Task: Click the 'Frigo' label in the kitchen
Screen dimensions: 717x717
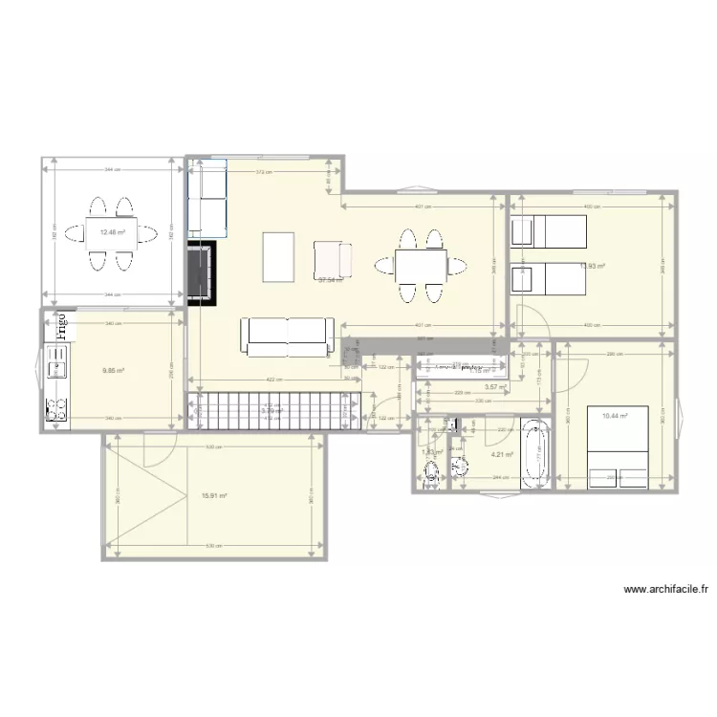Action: coord(62,327)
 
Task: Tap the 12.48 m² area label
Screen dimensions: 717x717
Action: coord(113,231)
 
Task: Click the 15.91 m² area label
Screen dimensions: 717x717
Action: coord(214,495)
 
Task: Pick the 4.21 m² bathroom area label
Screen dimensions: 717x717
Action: coord(502,455)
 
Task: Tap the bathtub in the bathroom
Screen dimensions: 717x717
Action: coord(534,453)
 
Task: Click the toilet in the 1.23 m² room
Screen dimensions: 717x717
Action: coord(432,469)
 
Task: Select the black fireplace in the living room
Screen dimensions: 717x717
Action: coord(201,272)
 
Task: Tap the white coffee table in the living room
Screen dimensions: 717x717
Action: coord(278,257)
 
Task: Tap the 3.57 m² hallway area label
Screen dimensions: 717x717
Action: coord(495,387)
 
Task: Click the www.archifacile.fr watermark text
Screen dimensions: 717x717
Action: coord(670,590)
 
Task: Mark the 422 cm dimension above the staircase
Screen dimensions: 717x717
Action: coord(272,380)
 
